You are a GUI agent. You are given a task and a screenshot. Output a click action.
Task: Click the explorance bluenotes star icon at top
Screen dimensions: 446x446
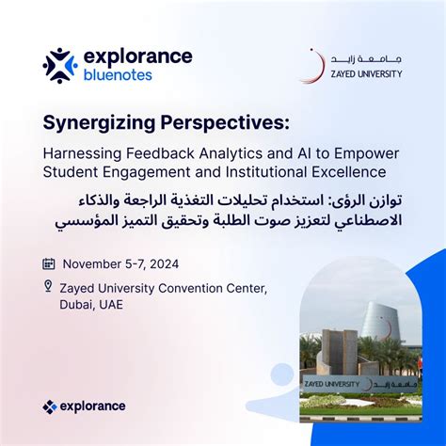point(59,65)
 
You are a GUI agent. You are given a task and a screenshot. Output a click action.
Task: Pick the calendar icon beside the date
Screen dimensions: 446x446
point(49,263)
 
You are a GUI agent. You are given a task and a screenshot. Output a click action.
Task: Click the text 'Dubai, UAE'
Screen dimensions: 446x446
point(92,304)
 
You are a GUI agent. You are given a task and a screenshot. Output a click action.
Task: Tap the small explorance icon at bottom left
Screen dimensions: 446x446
point(50,406)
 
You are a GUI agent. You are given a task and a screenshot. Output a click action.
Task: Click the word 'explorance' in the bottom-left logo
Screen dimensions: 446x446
point(93,406)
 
